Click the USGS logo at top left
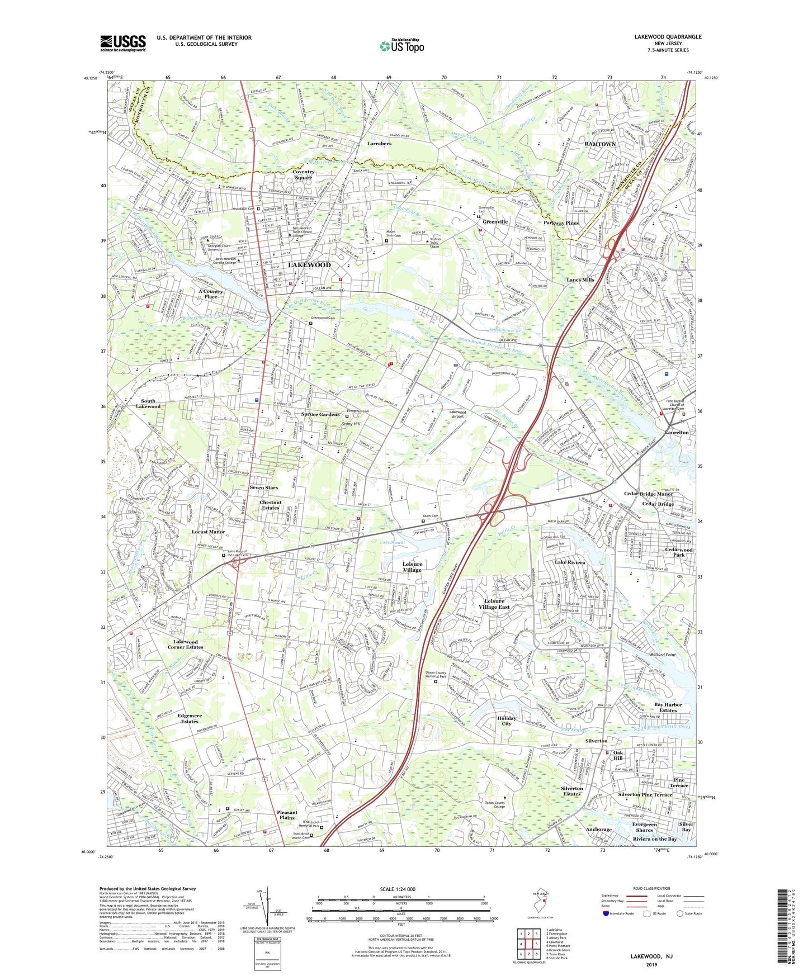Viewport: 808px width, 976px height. pyautogui.click(x=123, y=43)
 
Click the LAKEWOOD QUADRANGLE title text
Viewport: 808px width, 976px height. pyautogui.click(x=668, y=37)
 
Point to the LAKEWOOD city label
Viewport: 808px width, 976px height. pyautogui.click(x=309, y=264)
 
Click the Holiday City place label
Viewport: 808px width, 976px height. pyautogui.click(x=507, y=721)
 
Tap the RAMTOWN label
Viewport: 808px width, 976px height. pyautogui.click(x=600, y=144)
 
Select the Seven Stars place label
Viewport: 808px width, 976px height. pyautogui.click(x=263, y=487)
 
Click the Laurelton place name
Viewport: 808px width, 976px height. pyautogui.click(x=677, y=433)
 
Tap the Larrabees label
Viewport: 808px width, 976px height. pyautogui.click(x=379, y=144)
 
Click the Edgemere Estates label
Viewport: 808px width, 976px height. pyautogui.click(x=189, y=718)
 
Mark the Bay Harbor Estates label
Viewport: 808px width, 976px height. pyautogui.click(x=668, y=707)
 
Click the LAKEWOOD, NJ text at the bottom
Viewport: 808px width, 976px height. pyautogui.click(x=651, y=956)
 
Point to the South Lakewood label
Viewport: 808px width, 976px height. pyautogui.click(x=148, y=404)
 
